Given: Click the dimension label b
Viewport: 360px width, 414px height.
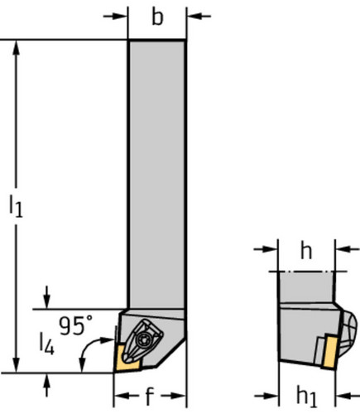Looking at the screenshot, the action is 157,17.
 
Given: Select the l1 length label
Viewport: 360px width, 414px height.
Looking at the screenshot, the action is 16,206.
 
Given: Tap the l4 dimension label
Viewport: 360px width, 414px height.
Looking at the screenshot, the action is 46,343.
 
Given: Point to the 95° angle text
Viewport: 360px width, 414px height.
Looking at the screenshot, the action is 76,325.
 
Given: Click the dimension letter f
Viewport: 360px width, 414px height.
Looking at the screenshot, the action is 149,396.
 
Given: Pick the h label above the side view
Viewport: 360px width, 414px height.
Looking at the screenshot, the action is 306,251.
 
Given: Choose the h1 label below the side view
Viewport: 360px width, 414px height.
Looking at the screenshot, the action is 307,397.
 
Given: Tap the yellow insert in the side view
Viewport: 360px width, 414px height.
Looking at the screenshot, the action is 330,351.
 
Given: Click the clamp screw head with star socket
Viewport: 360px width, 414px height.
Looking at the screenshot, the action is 144,339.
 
